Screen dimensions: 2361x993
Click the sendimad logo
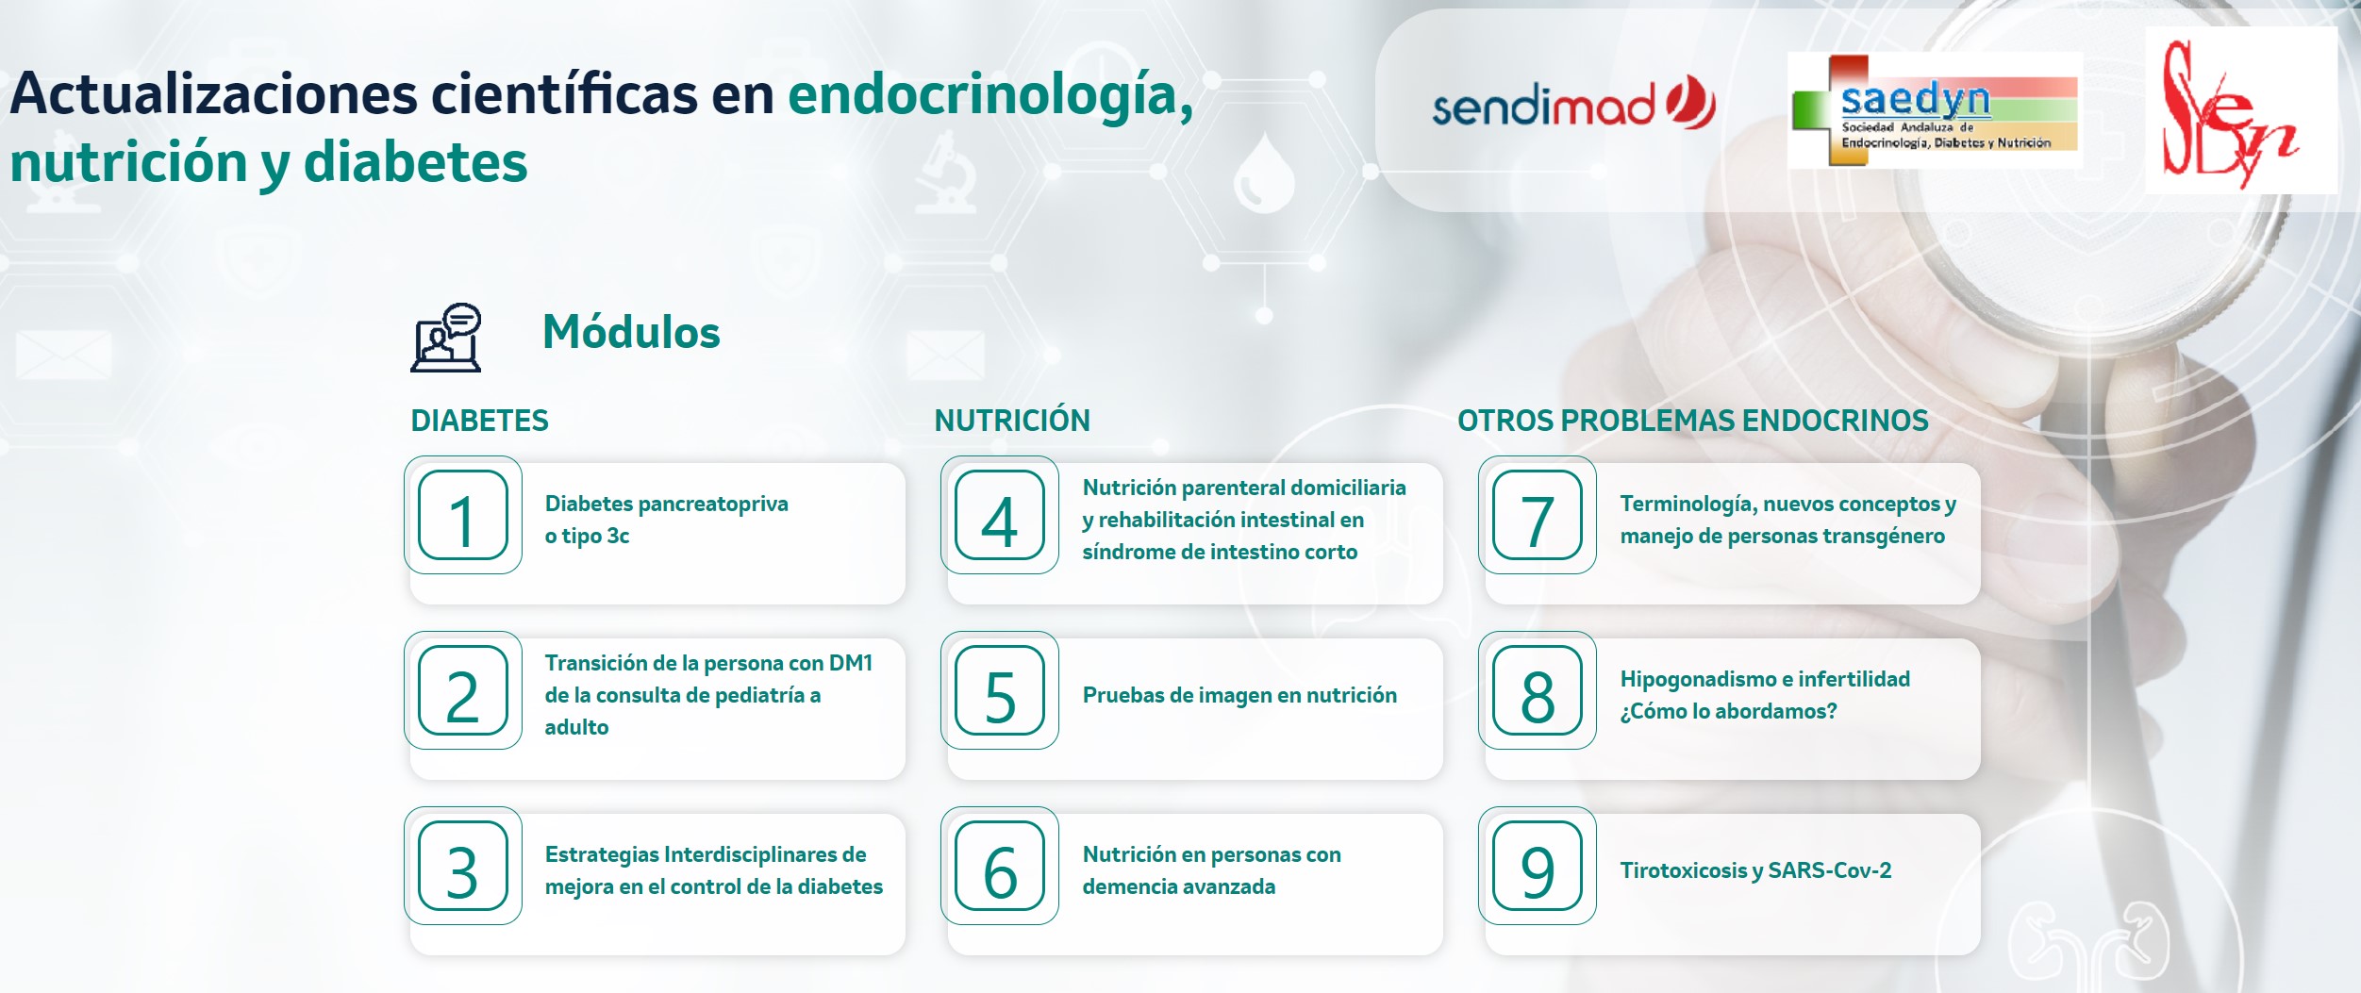[1573, 103]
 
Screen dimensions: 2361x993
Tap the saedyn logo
[1935, 111]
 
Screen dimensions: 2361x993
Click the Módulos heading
[631, 332]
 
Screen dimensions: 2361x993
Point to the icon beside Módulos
[446, 337]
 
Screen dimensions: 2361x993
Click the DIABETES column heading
[479, 421]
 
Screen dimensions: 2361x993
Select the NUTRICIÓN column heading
[1012, 420]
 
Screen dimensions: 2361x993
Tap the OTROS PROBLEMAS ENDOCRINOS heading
[1693, 421]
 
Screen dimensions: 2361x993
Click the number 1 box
[463, 515]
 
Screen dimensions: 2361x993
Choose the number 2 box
[463, 690]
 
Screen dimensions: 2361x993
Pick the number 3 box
[463, 866]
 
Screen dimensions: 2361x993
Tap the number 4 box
[1000, 515]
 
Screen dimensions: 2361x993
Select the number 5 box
[1000, 690]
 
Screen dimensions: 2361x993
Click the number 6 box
[1000, 866]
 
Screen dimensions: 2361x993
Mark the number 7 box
[1538, 515]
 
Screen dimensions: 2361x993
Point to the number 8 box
[1538, 690]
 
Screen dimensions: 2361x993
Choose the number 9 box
[1538, 866]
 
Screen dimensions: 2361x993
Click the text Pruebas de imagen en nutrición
[1239, 696]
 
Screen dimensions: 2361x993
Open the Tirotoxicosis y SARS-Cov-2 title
[1755, 870]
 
